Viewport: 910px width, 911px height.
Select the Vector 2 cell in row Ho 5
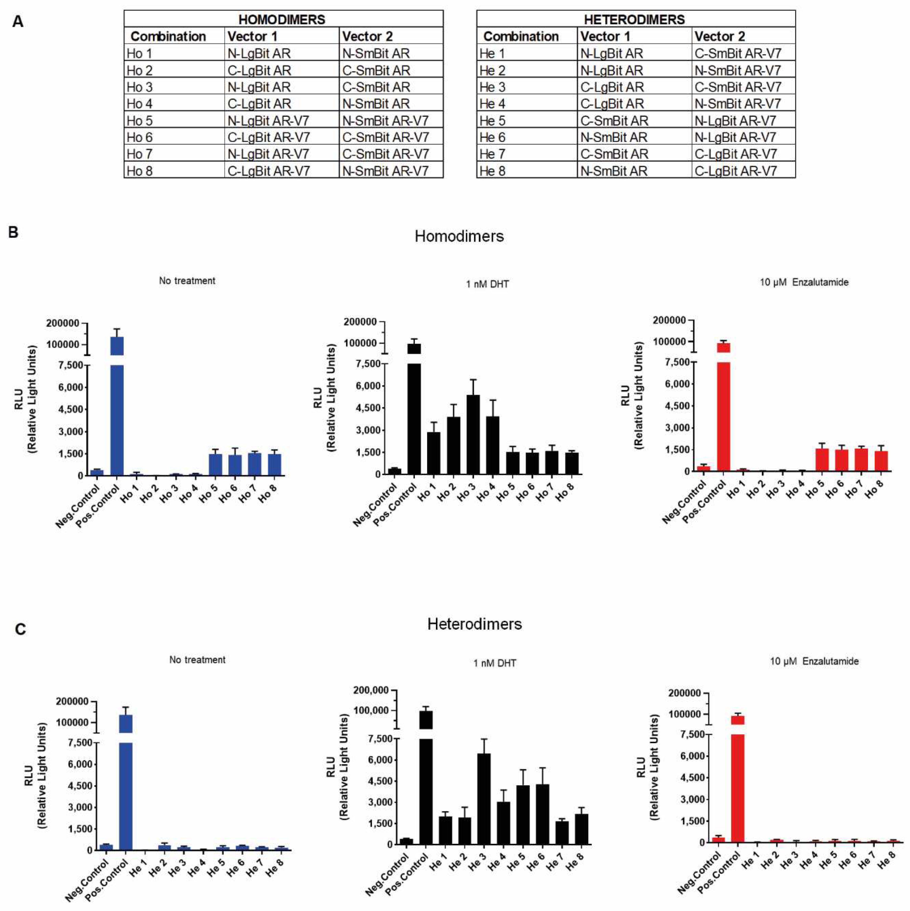click(x=385, y=121)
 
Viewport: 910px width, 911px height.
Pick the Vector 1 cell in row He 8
click(x=613, y=171)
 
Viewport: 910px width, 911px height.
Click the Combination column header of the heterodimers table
click(x=521, y=36)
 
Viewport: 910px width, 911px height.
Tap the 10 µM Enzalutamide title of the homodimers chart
click(x=804, y=282)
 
